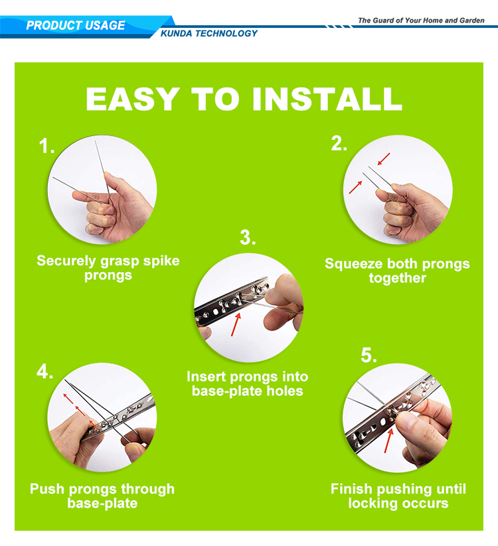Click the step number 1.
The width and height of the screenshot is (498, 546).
point(46,146)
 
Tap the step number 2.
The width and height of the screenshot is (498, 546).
point(339,143)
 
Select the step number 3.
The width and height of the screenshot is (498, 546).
point(248,238)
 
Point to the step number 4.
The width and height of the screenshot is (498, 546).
point(45,372)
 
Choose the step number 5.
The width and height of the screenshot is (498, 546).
point(369,356)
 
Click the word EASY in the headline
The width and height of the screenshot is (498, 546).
point(133,99)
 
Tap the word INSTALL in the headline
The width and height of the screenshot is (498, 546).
point(327,99)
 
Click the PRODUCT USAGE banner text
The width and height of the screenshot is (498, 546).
point(75,25)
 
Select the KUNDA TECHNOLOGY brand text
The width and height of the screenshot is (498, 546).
point(208,33)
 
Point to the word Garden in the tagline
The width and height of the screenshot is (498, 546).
point(472,21)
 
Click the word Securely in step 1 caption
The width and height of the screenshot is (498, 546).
point(66,261)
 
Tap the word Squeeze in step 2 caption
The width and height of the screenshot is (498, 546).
point(354,264)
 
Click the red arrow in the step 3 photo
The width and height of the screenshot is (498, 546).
point(236,324)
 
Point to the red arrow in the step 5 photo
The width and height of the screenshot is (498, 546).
point(389,441)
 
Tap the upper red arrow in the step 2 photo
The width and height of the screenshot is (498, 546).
point(384,159)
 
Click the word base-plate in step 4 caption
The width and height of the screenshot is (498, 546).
point(102,504)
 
